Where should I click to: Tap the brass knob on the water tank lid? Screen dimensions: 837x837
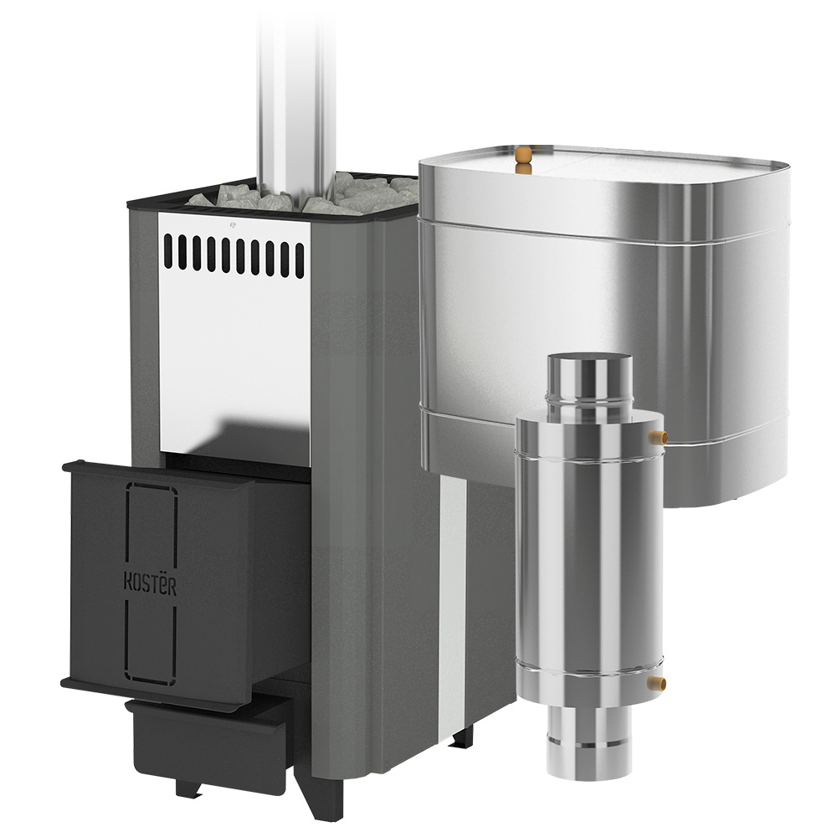pos(524,158)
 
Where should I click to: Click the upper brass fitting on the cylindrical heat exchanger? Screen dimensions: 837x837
pos(656,438)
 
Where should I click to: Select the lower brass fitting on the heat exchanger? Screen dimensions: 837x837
pos(656,681)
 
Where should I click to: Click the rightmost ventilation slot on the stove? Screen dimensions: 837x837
pos(300,259)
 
